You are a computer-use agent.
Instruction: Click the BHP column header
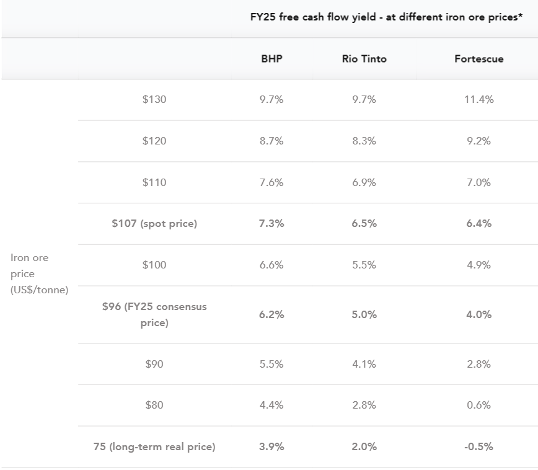coord(271,59)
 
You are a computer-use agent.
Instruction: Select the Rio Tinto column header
coord(364,59)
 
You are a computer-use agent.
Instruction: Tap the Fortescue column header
coord(478,59)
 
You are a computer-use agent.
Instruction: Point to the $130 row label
coord(154,99)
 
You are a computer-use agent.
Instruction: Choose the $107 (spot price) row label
coord(154,223)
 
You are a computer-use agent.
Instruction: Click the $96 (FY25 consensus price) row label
coord(154,314)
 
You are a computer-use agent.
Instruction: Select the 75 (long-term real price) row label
coord(154,446)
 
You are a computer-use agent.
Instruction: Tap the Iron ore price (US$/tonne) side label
coord(39,273)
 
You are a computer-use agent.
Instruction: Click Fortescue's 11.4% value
coord(478,99)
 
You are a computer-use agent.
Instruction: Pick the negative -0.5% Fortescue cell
coord(478,446)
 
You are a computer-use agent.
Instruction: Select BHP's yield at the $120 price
coord(271,141)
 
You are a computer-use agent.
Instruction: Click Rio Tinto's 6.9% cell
coord(364,182)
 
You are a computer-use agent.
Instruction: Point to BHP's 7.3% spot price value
coord(271,223)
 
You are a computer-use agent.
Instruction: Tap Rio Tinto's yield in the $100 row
coord(364,265)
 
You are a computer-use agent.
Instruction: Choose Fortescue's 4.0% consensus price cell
coord(478,314)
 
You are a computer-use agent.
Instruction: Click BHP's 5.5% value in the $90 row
coord(271,364)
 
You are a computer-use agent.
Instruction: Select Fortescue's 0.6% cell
coord(478,405)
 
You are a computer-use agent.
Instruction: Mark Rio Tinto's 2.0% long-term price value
coord(364,446)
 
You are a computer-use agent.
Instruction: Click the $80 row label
coord(154,405)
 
